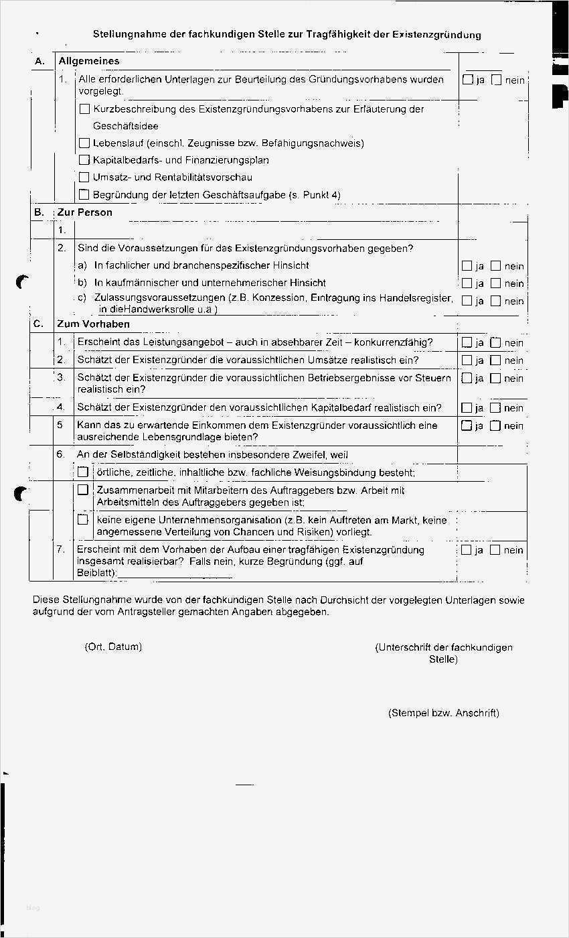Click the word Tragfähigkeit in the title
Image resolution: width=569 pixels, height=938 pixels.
pos(337,35)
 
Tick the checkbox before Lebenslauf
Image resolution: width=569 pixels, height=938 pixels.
pos(84,143)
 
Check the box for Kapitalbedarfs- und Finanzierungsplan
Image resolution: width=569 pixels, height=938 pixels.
pos(84,160)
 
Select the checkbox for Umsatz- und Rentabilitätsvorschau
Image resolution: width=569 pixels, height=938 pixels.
pos(84,178)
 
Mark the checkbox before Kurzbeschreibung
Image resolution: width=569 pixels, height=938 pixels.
pos(84,109)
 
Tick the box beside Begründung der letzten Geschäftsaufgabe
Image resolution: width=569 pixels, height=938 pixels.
pos(84,195)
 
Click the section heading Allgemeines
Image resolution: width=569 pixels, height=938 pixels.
pos(89,61)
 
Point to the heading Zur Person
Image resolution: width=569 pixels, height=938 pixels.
pos(85,212)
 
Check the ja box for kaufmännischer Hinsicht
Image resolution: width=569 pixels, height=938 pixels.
pos(467,283)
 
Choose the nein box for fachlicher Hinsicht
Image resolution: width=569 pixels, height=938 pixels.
pos(495,266)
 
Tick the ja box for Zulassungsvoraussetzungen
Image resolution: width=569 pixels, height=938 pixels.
pos(467,301)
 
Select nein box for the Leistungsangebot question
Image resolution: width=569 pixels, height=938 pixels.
pos(495,343)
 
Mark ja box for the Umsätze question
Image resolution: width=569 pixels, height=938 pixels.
pos(467,360)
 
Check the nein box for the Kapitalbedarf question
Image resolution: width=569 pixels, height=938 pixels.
pos(495,408)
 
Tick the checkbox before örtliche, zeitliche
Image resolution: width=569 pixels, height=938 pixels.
pos(83,472)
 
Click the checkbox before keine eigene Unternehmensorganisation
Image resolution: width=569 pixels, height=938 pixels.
pos(83,519)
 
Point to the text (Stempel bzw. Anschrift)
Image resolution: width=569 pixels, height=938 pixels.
pos(443,713)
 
